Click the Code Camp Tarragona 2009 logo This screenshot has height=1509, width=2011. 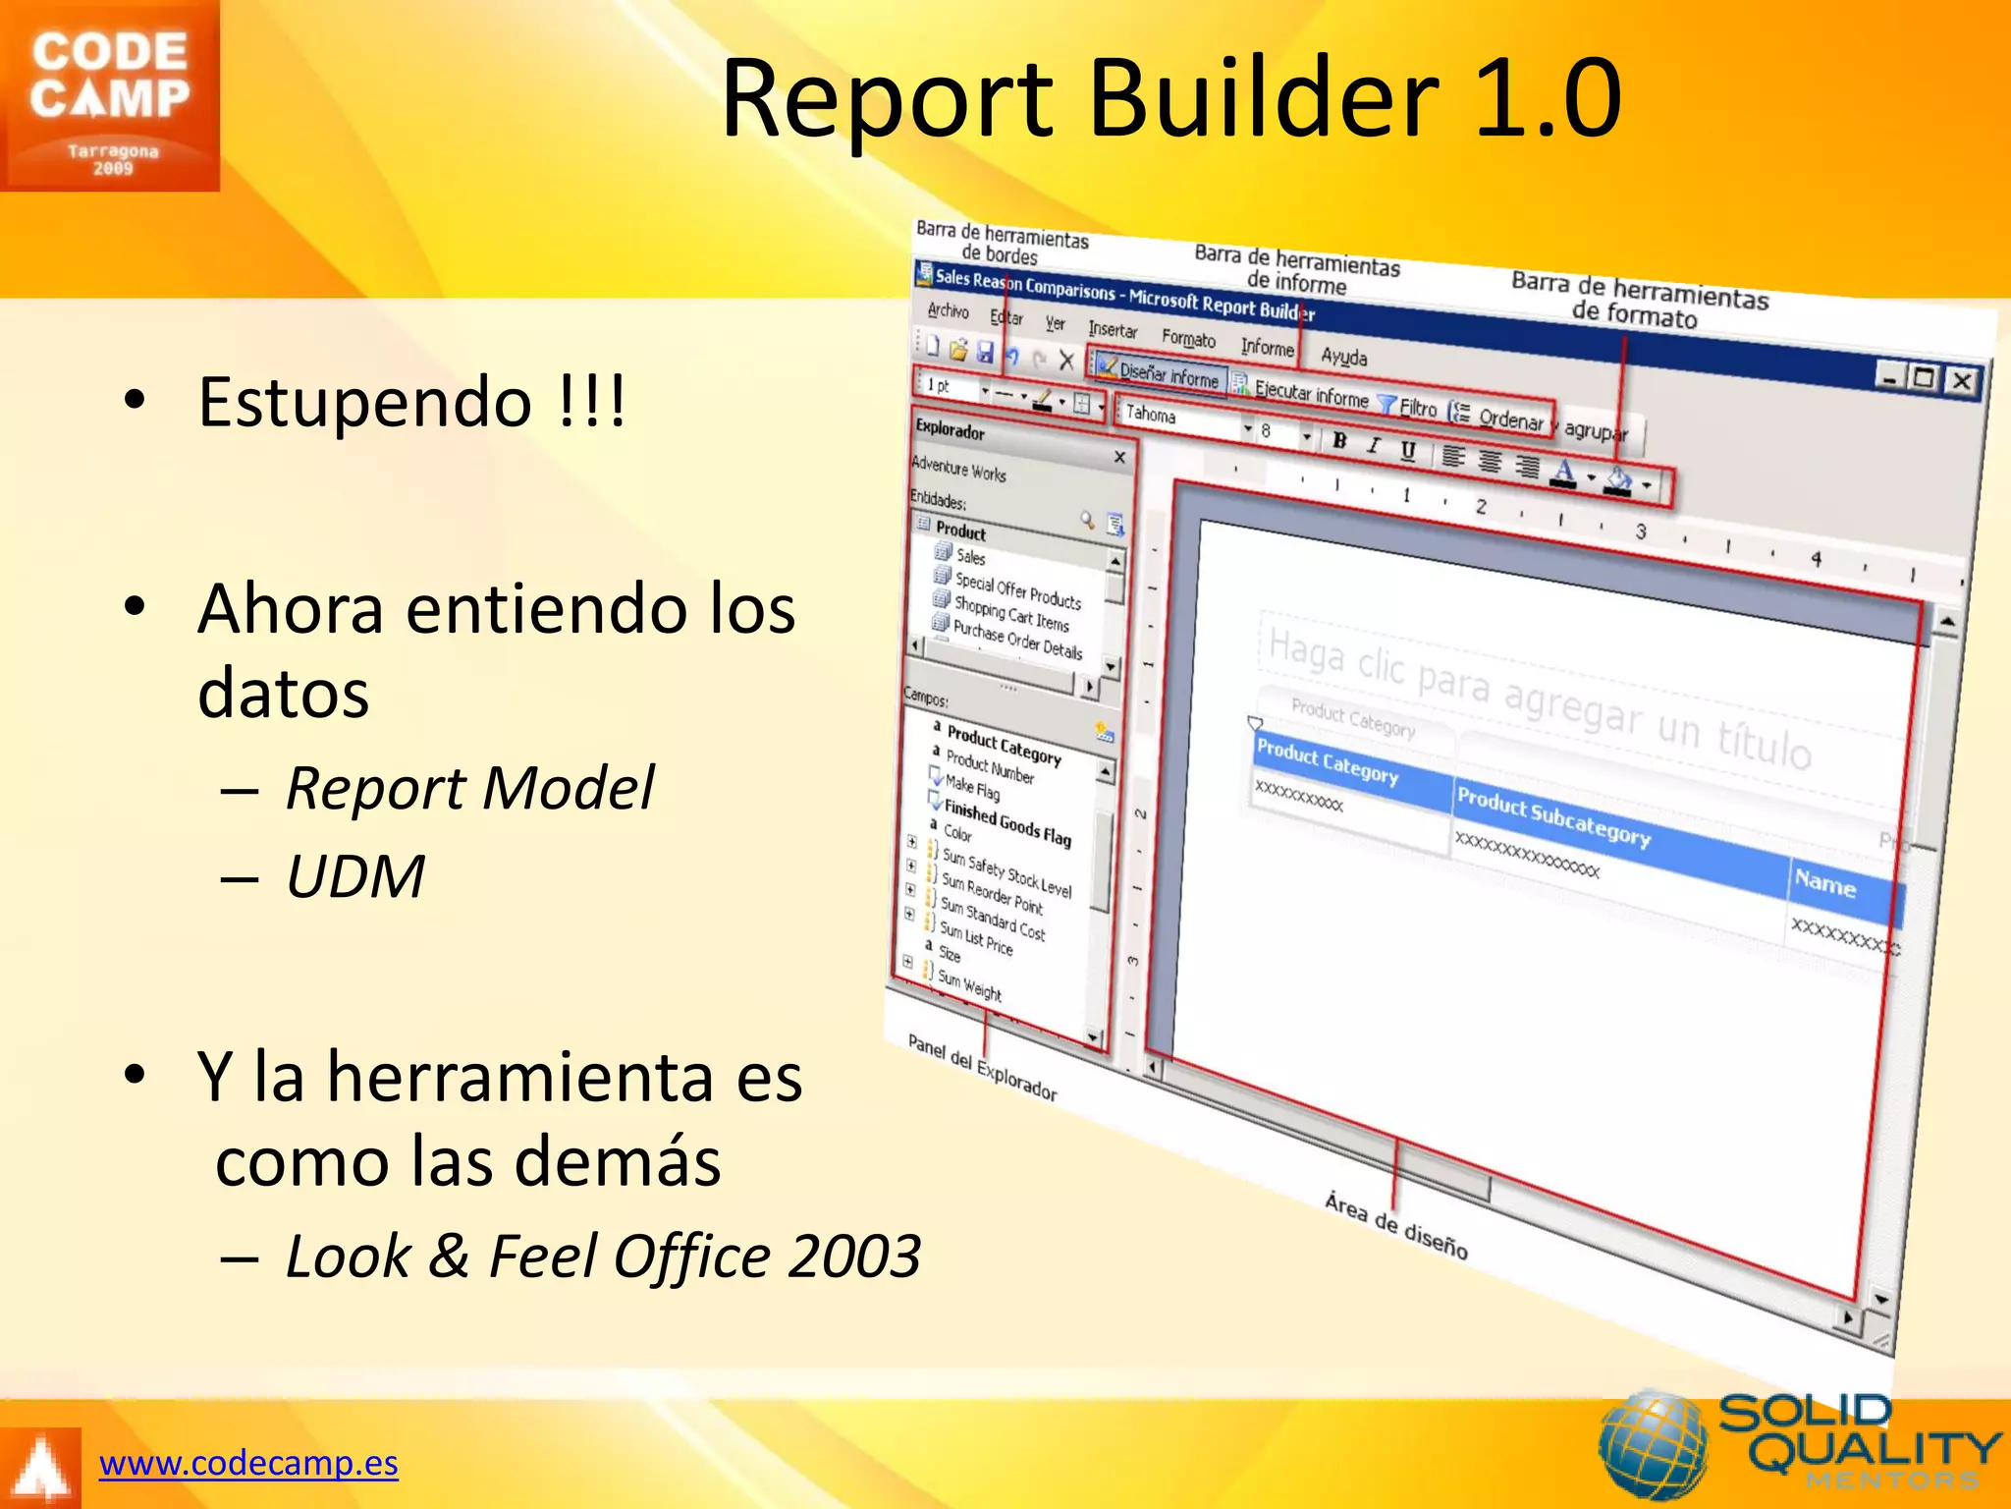[x=109, y=95]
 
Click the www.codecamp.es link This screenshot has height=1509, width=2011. [x=248, y=1463]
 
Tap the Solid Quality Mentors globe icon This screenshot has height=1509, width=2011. [x=1653, y=1444]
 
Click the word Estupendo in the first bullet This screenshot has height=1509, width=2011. [x=364, y=402]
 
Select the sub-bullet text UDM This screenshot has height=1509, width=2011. [x=355, y=876]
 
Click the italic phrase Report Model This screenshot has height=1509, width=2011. [x=469, y=788]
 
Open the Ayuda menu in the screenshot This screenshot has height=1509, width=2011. [x=1343, y=356]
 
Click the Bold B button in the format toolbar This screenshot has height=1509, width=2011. [x=1339, y=441]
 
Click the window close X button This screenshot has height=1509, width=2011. [x=1961, y=380]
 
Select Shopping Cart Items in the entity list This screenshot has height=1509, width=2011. [x=1011, y=614]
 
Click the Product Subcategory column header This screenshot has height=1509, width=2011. [x=1552, y=817]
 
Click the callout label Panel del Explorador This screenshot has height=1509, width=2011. [x=982, y=1067]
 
